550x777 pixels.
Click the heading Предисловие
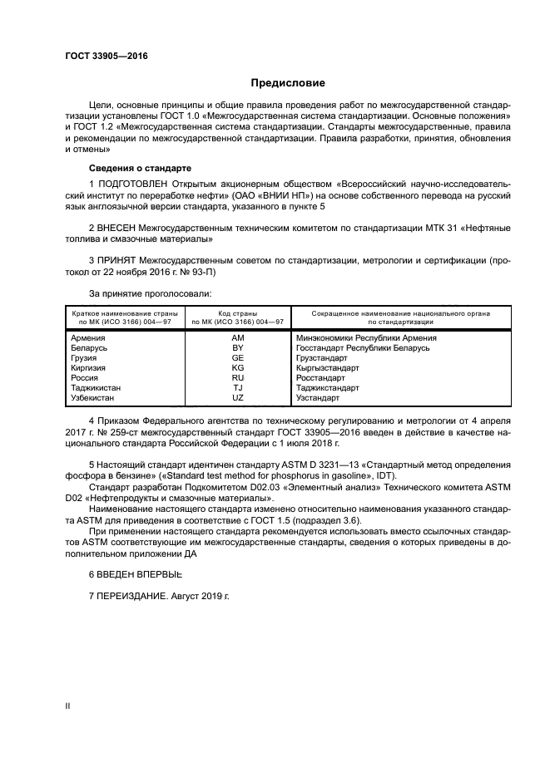[x=288, y=83]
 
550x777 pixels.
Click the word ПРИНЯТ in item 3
[x=117, y=260]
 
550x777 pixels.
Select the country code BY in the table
[x=238, y=348]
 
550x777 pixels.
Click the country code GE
[x=238, y=358]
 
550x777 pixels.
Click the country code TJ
[x=238, y=388]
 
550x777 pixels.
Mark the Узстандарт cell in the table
[x=318, y=398]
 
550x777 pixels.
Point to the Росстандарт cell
[x=320, y=378]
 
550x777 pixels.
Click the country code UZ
[x=238, y=398]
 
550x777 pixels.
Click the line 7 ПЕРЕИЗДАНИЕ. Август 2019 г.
[x=158, y=597]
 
